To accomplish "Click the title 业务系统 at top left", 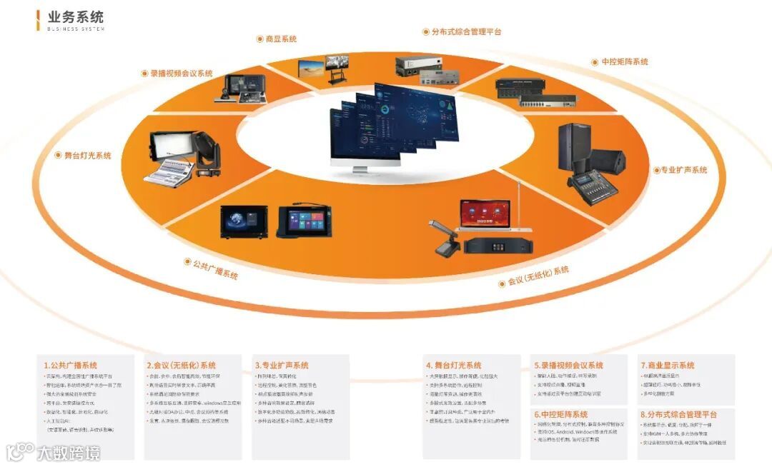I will pos(76,16).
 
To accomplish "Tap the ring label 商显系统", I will pos(281,39).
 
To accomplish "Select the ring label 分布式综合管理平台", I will pos(466,32).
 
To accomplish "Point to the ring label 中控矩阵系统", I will pos(620,62).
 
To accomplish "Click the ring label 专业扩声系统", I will pos(683,170).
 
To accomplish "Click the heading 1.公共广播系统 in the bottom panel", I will pos(71,366).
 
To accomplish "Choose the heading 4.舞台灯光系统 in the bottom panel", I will pos(454,366).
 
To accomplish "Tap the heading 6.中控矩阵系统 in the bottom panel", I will pos(561,414).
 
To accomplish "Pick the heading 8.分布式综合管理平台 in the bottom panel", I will pos(679,414).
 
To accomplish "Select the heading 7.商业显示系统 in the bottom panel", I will pos(668,366).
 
